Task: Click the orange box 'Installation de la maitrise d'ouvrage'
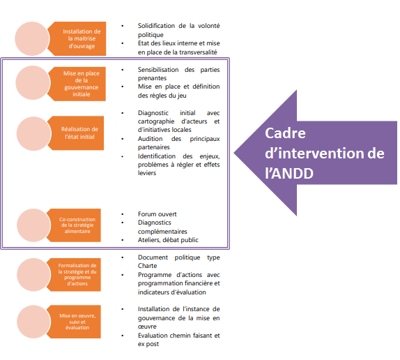click(79, 38)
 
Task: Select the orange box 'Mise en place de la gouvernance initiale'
click(79, 84)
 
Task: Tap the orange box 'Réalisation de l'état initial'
click(78, 133)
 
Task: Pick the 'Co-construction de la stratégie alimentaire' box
click(75, 225)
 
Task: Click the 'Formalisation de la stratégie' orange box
click(75, 275)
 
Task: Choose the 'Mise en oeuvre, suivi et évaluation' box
click(75, 322)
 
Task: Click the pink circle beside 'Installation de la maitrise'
click(32, 38)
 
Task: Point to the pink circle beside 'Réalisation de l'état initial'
click(33, 133)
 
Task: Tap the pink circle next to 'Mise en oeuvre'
click(33, 322)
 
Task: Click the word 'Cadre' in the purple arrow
click(285, 133)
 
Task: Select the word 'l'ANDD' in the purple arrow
click(289, 173)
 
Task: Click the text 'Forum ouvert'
click(157, 214)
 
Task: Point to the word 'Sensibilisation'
click(158, 70)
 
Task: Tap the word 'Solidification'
click(156, 26)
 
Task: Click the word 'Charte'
click(148, 266)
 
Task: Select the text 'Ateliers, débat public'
click(168, 240)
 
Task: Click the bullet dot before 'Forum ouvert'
click(123, 214)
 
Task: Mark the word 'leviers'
click(147, 173)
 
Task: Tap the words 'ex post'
click(148, 344)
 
